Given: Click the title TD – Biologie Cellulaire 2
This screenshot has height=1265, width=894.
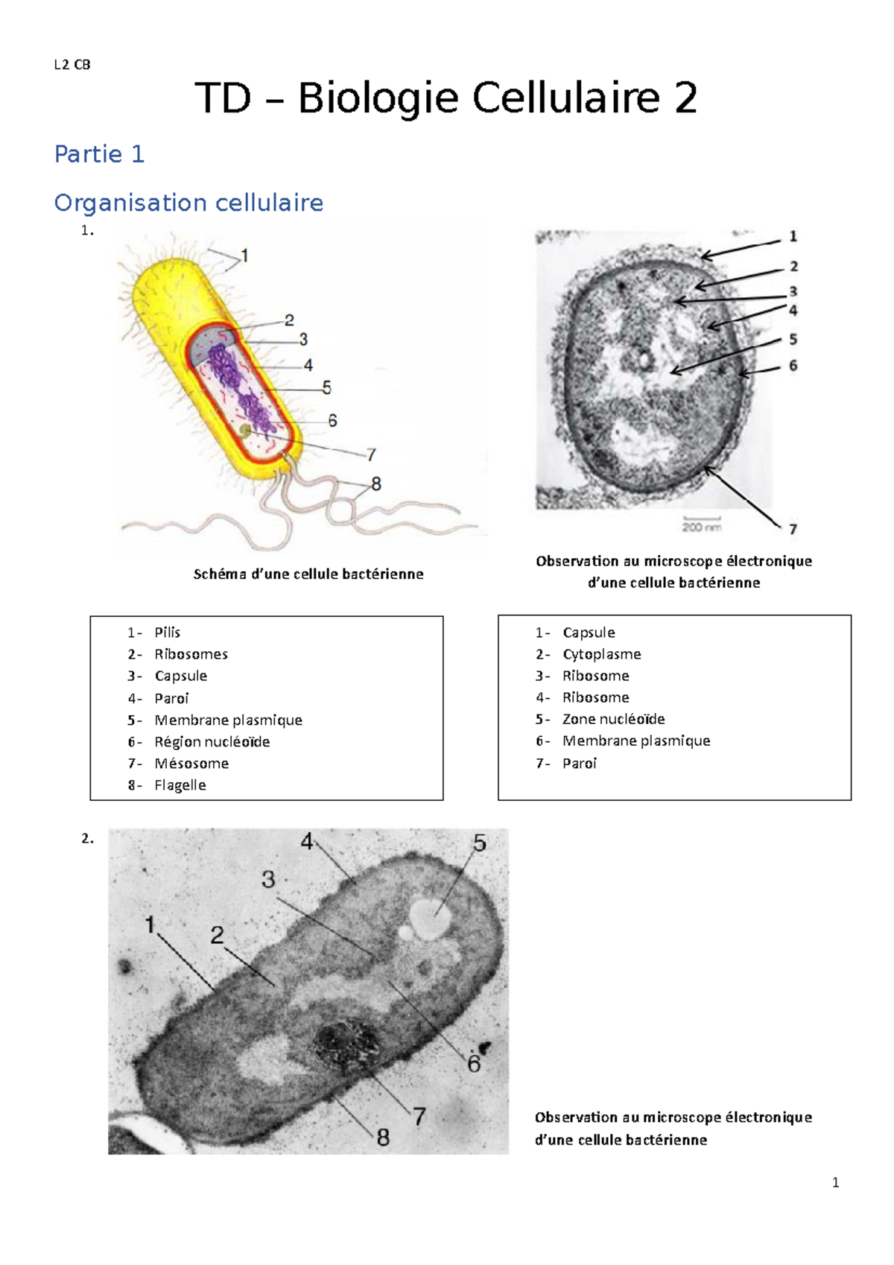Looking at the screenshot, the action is point(446,98).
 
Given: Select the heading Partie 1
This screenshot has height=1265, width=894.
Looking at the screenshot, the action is point(99,154).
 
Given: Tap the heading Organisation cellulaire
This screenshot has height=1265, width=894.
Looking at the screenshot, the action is point(188,203).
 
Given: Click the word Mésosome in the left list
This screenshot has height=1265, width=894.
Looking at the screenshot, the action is point(191,764).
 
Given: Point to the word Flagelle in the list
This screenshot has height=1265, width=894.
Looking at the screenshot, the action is point(180,785).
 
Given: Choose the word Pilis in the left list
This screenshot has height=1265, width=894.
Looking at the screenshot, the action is point(168,632).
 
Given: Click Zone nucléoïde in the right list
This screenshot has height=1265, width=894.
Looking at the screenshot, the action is point(613,720).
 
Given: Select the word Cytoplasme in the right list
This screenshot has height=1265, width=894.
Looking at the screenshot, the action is point(601,654).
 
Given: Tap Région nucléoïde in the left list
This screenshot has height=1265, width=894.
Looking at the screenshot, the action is point(212,742).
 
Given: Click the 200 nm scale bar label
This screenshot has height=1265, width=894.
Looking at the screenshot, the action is point(701,527).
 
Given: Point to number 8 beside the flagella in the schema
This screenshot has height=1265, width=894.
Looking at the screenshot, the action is point(376,484).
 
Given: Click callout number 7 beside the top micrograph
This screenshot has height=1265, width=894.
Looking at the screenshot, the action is point(793,529).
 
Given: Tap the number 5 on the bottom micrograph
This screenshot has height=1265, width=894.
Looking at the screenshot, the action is point(479,843).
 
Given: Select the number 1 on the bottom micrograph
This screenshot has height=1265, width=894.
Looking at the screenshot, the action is point(150,925).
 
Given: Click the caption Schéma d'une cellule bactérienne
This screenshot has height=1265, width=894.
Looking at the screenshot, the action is point(308,574).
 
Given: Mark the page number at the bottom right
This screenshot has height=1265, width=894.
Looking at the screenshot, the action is point(835,1183).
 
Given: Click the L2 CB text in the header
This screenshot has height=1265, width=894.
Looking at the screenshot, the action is point(72,65).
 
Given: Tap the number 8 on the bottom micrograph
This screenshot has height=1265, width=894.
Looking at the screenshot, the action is point(383,1138).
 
